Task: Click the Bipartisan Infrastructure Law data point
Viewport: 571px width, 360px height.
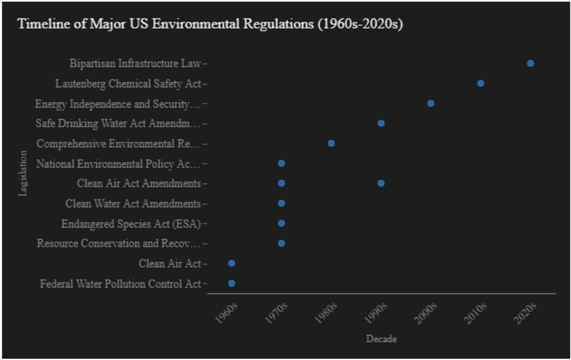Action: click(x=530, y=63)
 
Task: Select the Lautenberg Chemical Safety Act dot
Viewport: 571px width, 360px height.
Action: click(x=481, y=83)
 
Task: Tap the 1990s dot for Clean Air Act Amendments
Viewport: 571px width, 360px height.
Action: click(x=381, y=183)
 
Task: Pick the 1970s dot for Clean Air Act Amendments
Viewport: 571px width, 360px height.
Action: click(x=281, y=183)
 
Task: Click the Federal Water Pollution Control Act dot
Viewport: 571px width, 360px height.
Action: click(x=232, y=283)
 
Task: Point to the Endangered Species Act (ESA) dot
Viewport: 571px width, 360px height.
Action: click(x=281, y=223)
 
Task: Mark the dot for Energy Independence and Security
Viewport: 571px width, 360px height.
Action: click(x=431, y=103)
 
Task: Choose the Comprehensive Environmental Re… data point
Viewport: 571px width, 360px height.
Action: click(x=331, y=143)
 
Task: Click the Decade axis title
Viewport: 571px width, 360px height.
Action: click(x=381, y=338)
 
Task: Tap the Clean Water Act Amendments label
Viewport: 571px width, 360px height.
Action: click(x=133, y=204)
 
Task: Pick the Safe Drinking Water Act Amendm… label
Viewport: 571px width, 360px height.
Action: click(x=118, y=123)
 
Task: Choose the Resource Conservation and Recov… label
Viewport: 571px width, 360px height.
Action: click(x=119, y=244)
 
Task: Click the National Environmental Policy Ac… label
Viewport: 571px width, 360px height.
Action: click(x=118, y=164)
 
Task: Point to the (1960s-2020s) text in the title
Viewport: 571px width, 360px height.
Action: click(x=359, y=25)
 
